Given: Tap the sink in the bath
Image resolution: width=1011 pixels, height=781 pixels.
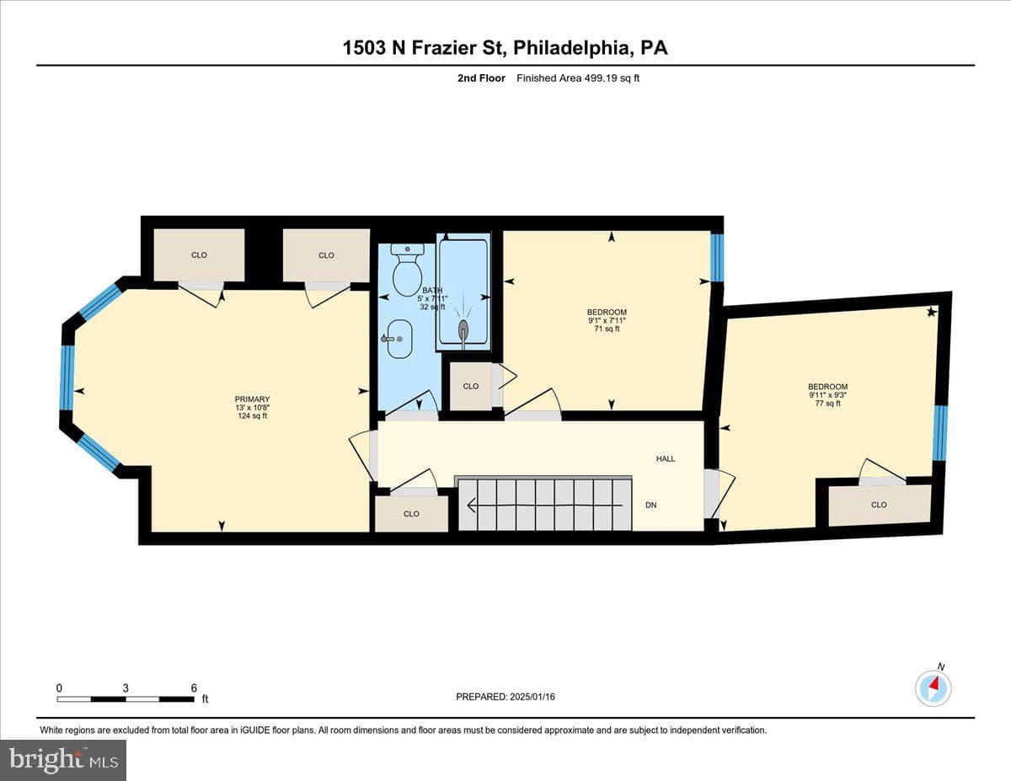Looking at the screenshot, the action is (x=399, y=339).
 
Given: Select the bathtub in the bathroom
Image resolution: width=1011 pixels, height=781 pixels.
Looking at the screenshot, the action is (x=463, y=292).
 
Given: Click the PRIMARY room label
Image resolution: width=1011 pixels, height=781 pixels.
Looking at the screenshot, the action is (x=252, y=399).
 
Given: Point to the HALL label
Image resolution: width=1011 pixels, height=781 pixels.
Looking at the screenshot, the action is (x=666, y=458).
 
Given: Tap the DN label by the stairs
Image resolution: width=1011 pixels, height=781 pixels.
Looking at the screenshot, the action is (x=651, y=506).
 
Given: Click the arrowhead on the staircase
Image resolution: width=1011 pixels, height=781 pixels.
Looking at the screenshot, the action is (x=472, y=505).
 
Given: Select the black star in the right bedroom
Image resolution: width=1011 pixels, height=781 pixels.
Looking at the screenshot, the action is (x=932, y=312).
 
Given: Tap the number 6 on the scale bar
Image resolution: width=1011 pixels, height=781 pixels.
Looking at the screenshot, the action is (x=194, y=687).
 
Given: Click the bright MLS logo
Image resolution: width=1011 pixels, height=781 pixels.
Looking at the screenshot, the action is (x=63, y=761).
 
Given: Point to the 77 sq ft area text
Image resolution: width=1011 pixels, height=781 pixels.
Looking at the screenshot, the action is (x=827, y=404).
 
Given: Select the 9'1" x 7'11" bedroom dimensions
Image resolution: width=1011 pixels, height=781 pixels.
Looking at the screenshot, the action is (x=607, y=320).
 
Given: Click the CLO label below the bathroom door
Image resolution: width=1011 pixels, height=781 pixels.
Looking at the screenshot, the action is (x=411, y=514).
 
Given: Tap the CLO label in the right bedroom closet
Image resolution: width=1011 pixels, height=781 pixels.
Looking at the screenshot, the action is (x=879, y=505).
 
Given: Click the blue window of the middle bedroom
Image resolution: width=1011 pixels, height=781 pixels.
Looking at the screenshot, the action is (x=718, y=258).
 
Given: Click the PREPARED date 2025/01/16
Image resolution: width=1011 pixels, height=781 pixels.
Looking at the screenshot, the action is (x=532, y=697).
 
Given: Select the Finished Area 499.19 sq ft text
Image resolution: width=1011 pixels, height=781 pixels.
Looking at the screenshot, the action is (x=578, y=78).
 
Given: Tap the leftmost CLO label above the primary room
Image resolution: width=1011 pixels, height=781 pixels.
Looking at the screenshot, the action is (x=199, y=255).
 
